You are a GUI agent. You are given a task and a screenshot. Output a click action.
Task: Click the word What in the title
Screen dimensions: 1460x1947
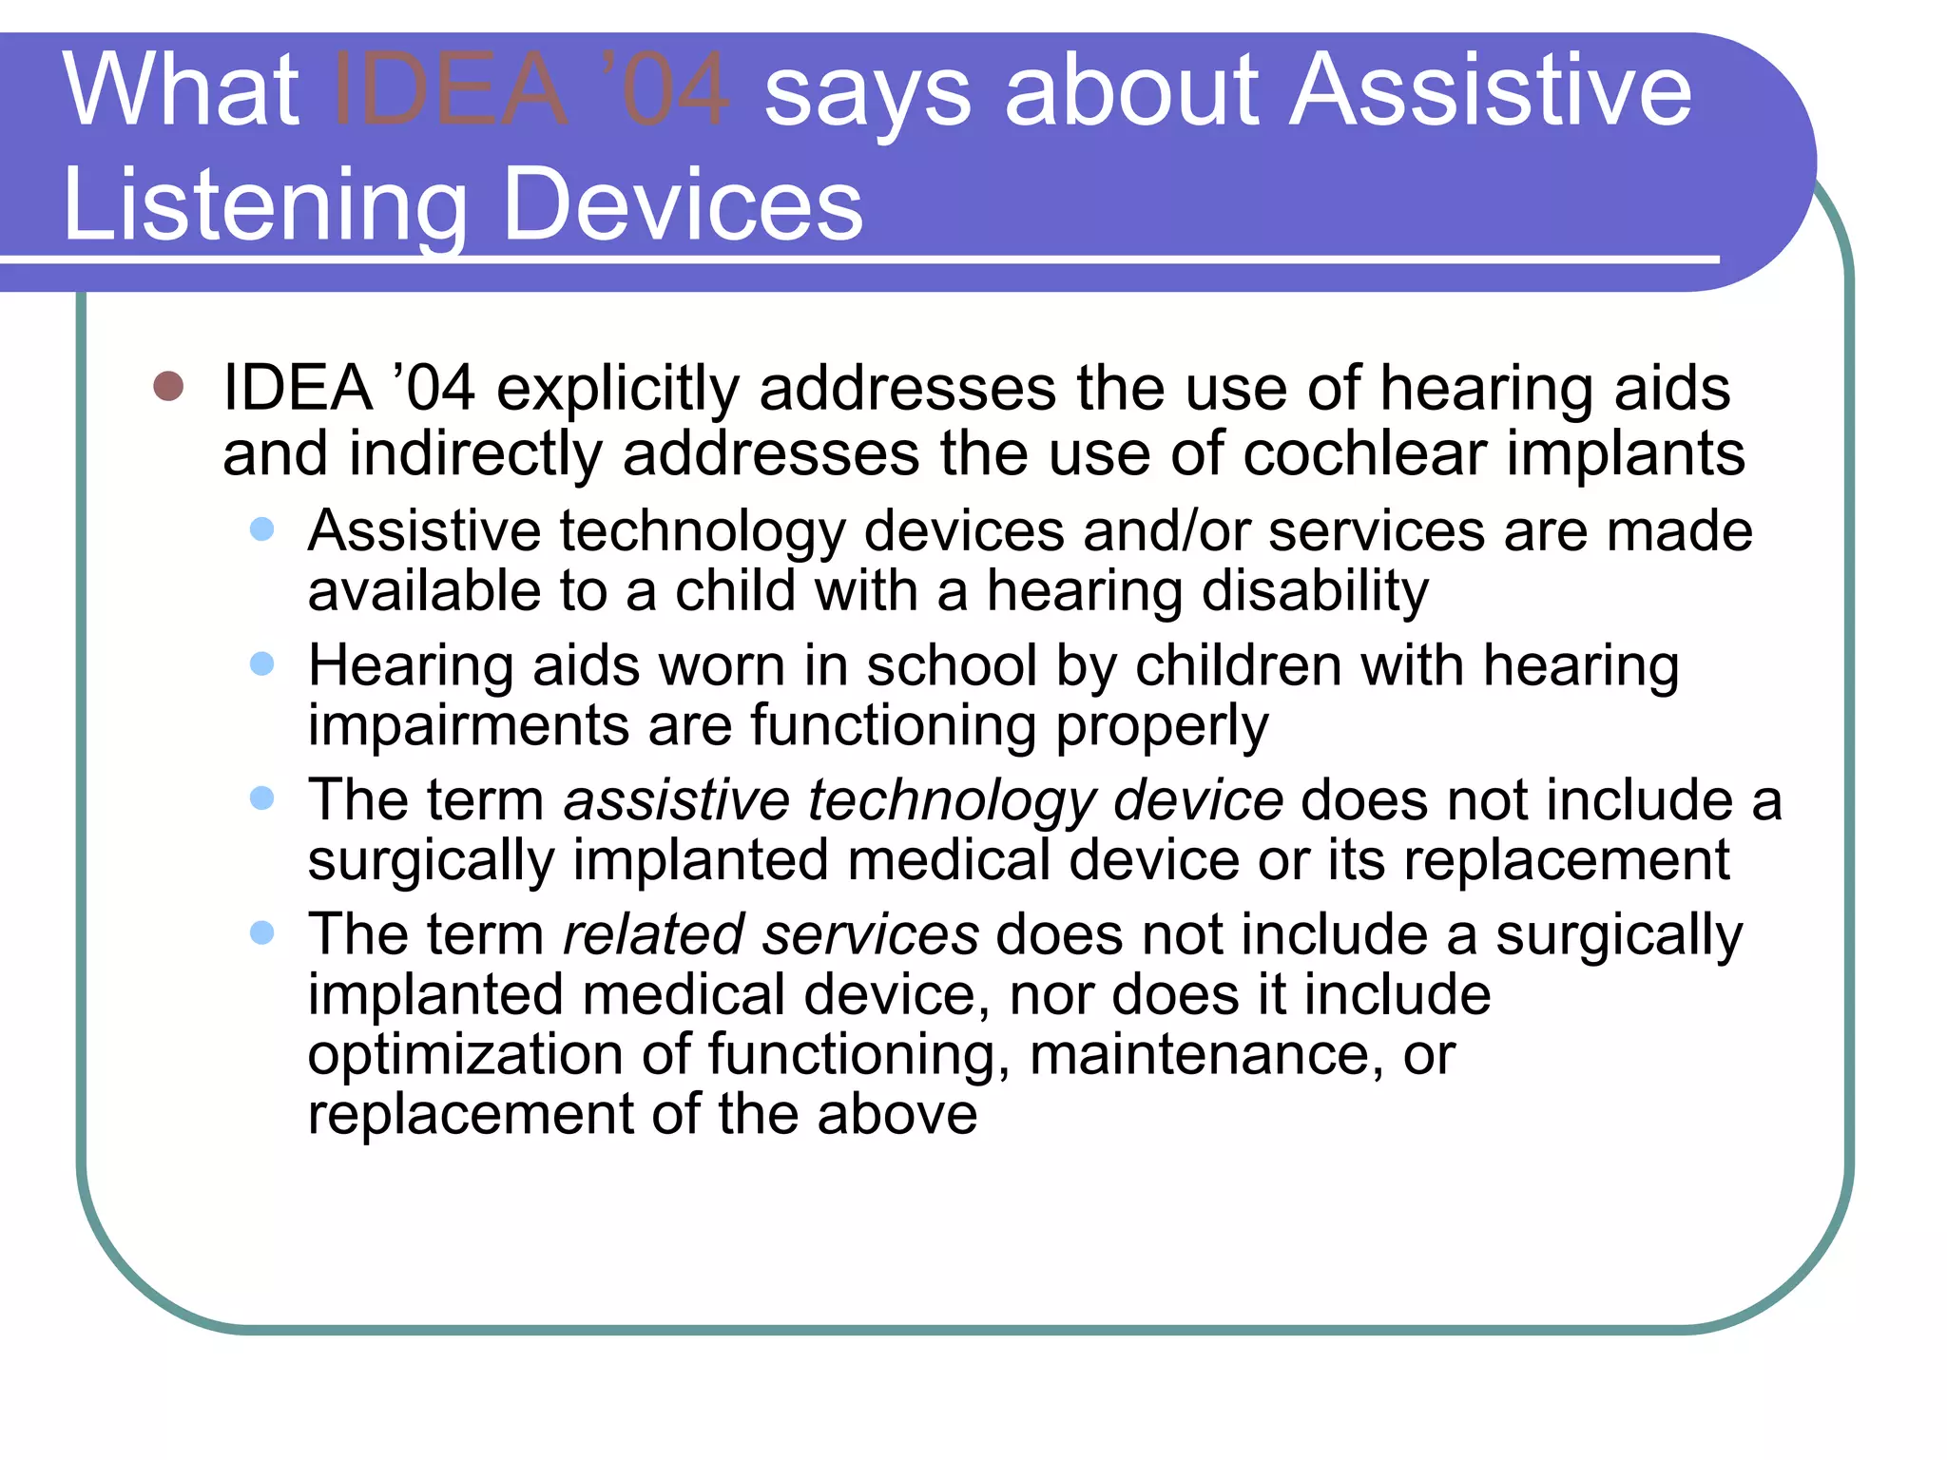click(181, 90)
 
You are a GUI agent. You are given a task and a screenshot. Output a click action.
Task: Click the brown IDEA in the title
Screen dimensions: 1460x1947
click(452, 90)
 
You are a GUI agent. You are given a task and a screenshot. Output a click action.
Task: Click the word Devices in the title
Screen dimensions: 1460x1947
click(683, 204)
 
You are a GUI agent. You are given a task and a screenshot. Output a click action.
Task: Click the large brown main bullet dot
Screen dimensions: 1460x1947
click(168, 387)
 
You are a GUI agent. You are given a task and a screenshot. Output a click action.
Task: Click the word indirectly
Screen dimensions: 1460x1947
click(475, 454)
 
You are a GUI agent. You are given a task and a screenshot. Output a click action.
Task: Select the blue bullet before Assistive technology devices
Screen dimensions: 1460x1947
click(262, 529)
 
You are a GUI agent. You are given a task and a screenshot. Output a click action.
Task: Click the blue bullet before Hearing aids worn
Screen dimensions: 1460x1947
click(262, 663)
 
